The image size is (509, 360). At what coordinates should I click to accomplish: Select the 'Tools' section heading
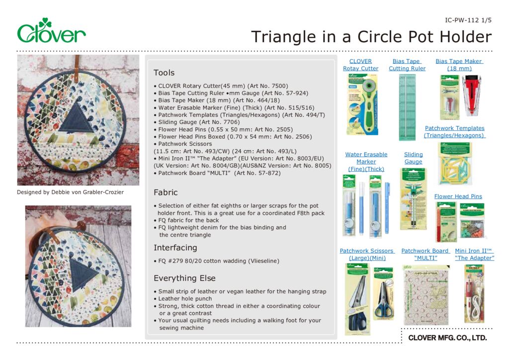pyautogui.click(x=164, y=73)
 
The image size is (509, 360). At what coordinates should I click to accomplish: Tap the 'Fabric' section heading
pyautogui.click(x=166, y=192)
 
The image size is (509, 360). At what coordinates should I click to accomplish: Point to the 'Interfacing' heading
pyautogui.click(x=175, y=248)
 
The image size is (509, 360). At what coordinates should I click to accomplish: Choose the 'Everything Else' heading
pyautogui.click(x=184, y=278)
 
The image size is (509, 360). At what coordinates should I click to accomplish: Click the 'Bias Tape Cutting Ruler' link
pyautogui.click(x=407, y=65)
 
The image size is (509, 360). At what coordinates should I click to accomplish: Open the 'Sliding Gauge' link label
pyautogui.click(x=413, y=158)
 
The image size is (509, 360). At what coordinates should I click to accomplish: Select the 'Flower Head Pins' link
pyautogui.click(x=458, y=196)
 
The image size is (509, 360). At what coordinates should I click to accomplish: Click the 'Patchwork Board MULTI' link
pyautogui.click(x=425, y=255)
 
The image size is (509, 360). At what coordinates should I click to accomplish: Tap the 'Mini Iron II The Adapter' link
pyautogui.click(x=474, y=255)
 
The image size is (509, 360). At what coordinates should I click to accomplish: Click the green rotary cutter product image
pyautogui.click(x=362, y=104)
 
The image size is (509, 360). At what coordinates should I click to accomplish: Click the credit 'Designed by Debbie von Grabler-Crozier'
pyautogui.click(x=70, y=192)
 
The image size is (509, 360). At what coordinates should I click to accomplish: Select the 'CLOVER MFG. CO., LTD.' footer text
pyautogui.click(x=447, y=338)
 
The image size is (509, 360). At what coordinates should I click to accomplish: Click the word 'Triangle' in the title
pyautogui.click(x=282, y=36)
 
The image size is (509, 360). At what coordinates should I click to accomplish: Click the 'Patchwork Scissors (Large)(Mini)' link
pyautogui.click(x=367, y=255)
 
